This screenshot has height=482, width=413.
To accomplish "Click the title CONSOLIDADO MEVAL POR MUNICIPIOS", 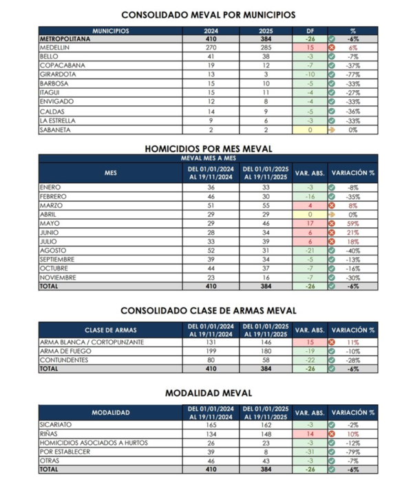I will tap(208, 14).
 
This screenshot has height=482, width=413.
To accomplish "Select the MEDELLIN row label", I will tap(56, 48).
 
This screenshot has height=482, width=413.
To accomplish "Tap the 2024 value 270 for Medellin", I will tap(211, 48).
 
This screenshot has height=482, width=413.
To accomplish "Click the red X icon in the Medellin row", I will tap(332, 48).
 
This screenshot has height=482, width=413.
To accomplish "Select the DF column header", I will tap(310, 31).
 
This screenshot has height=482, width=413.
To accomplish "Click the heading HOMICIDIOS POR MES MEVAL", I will tap(208, 149).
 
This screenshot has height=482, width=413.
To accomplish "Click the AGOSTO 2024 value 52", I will tap(211, 250).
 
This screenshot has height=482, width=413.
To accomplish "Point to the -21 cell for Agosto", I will tap(309, 250).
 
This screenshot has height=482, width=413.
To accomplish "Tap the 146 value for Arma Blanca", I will tap(266, 342).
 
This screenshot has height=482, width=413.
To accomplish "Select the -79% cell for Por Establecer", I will tap(353, 452).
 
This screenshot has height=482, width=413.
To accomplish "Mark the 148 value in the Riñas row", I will tap(266, 434).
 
